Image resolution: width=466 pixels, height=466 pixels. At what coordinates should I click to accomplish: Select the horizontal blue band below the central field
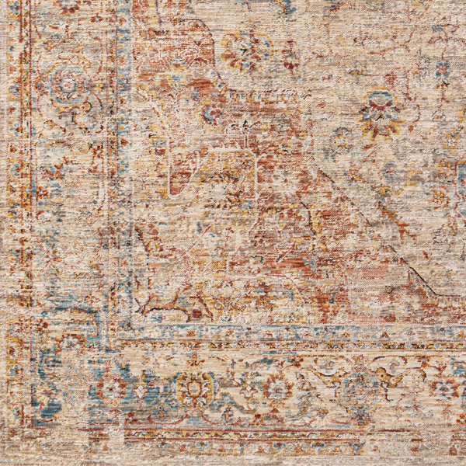(x=295, y=332)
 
